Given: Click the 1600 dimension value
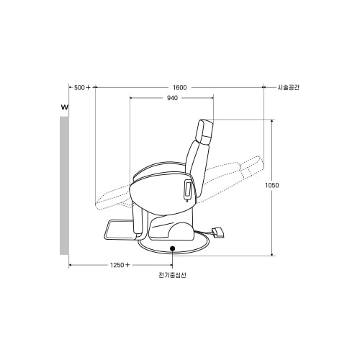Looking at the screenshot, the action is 179,88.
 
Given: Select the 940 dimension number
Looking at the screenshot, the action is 172,98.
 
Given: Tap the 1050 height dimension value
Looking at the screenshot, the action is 272,185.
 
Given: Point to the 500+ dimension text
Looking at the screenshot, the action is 82,88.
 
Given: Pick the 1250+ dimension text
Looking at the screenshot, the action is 120,265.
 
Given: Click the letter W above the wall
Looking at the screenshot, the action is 65,107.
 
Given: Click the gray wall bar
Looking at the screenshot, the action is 64,185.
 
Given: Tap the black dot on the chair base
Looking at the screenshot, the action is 172,248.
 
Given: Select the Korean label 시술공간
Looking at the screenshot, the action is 289,87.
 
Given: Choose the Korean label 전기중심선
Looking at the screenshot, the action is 172,275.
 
